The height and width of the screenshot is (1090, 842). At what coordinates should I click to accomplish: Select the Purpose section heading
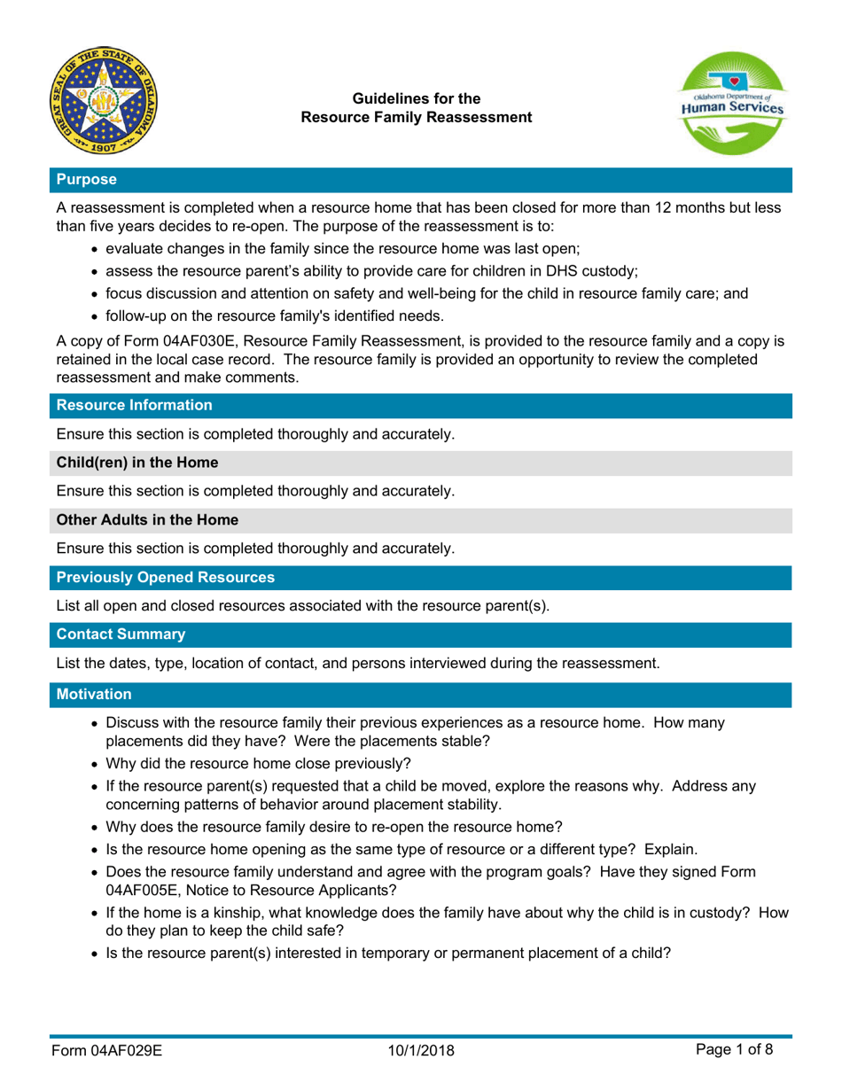86,179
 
